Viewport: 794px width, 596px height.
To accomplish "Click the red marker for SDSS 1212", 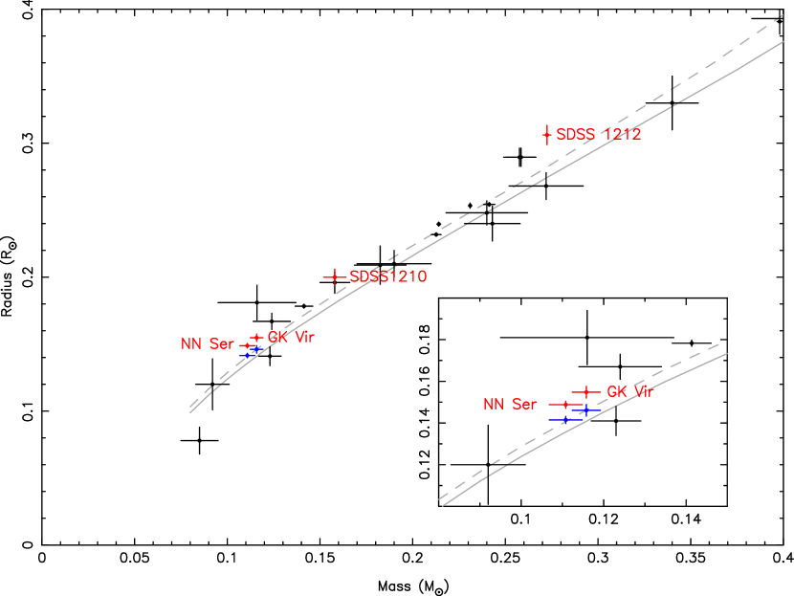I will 547,134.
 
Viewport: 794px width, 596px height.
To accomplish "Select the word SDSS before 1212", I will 575,135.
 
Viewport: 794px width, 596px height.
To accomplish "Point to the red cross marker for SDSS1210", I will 334,277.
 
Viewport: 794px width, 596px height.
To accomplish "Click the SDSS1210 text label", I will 387,277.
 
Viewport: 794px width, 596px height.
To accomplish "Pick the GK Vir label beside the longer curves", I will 291,338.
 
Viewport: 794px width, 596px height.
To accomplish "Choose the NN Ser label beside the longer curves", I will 208,344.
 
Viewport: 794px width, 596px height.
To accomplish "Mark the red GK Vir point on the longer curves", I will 256,338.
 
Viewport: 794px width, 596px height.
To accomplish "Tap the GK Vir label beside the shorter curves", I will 629,392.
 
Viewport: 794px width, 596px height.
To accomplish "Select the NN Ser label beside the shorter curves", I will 510,405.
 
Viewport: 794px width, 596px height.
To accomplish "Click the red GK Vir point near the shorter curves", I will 585,392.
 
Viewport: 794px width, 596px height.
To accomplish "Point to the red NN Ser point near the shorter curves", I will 564,405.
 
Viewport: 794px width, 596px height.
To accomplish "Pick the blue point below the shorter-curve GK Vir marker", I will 586,410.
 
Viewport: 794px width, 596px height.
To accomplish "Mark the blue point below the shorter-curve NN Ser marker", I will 565,419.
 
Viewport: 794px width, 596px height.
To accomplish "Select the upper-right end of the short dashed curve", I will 719,343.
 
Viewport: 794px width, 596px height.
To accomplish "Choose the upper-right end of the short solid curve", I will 727,354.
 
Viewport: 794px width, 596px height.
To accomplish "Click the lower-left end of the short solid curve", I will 443,505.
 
